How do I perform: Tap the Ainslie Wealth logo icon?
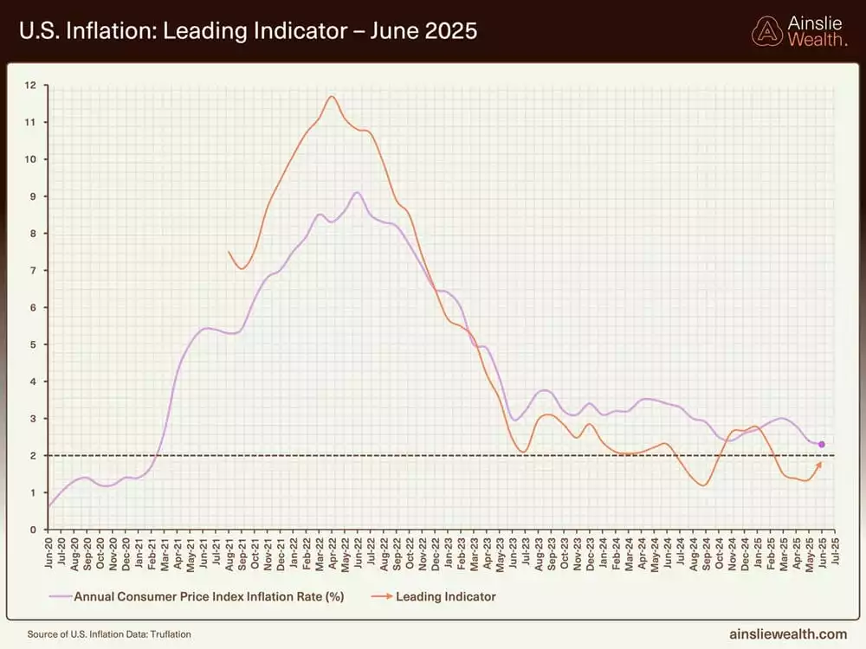pyautogui.click(x=766, y=31)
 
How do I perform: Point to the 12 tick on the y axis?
pyautogui.click(x=31, y=85)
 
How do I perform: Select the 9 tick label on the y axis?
pyautogui.click(x=31, y=196)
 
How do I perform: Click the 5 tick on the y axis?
pyautogui.click(x=31, y=344)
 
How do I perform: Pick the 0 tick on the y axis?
pyautogui.click(x=31, y=530)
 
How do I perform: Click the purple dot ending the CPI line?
pyautogui.click(x=821, y=445)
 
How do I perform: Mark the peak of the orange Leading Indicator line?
pyautogui.click(x=332, y=95)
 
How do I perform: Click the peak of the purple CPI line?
pyautogui.click(x=357, y=192)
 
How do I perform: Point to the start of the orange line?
pyautogui.click(x=229, y=252)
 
